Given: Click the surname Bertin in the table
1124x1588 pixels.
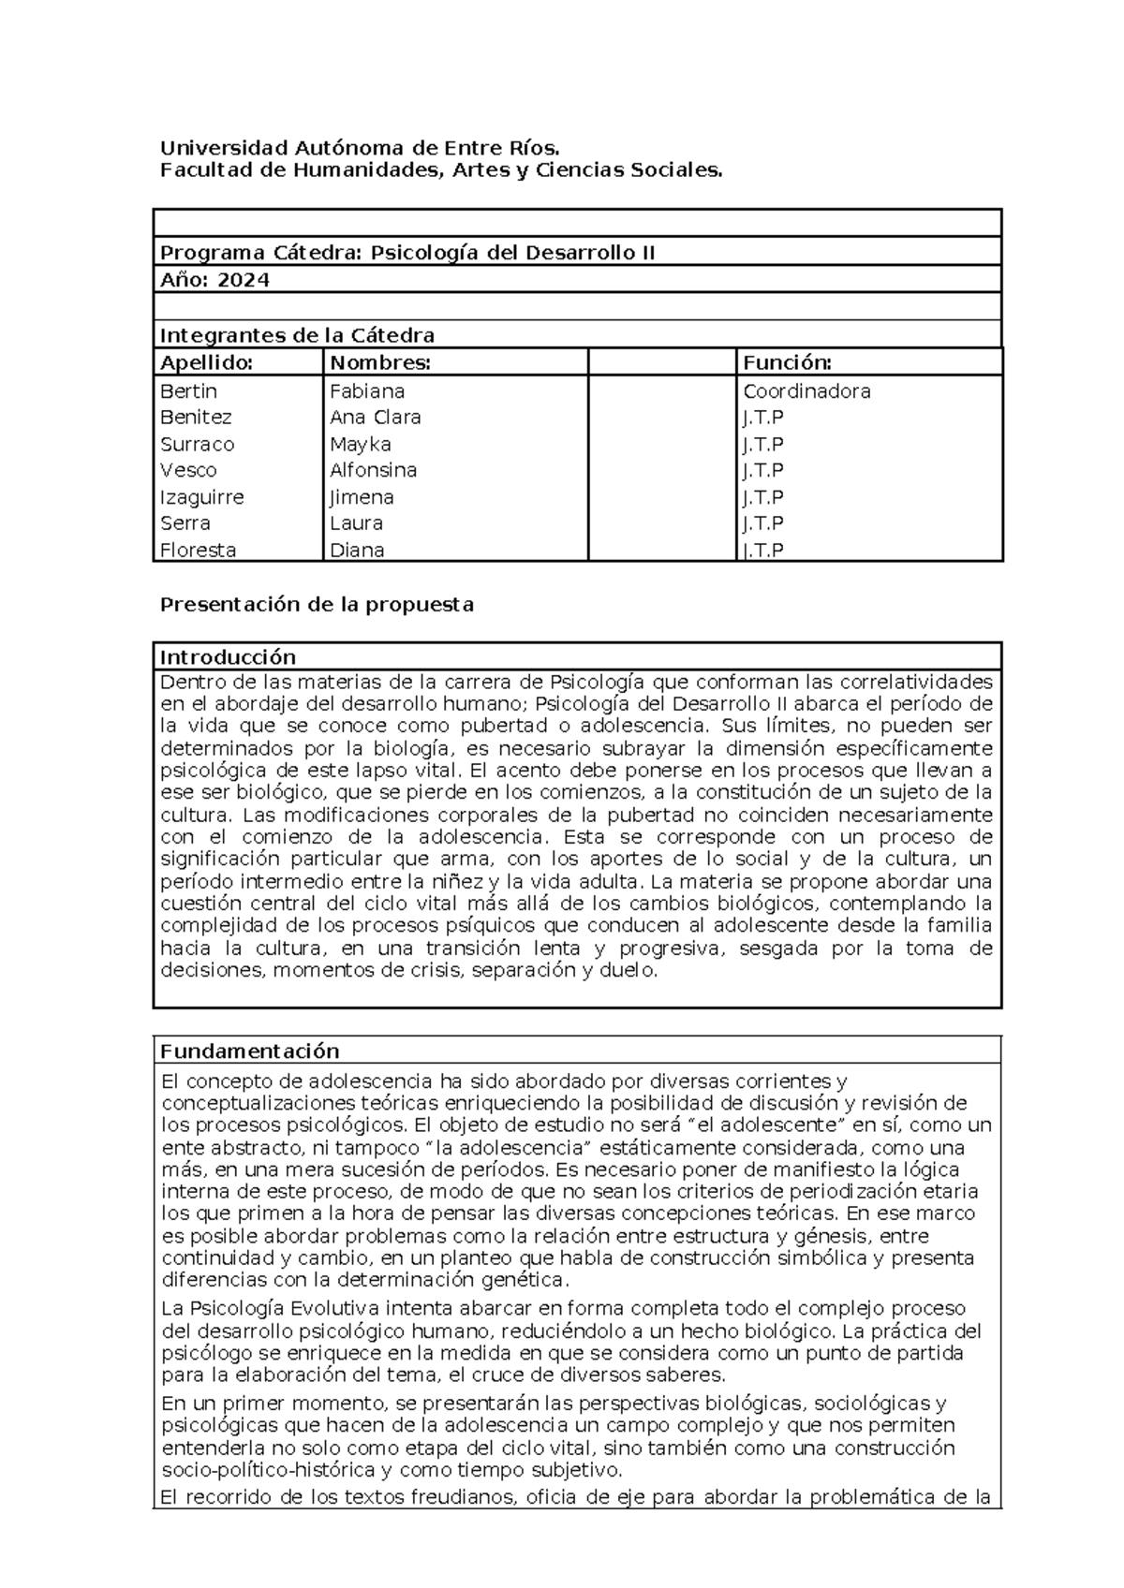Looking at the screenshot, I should (188, 391).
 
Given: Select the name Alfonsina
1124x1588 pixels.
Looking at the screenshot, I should (373, 470).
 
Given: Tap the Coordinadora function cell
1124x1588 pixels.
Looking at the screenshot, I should (806, 391).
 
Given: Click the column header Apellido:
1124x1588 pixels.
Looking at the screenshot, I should (206, 362).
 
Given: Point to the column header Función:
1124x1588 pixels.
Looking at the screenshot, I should (787, 362).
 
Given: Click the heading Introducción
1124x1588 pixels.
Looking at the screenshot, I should (228, 656).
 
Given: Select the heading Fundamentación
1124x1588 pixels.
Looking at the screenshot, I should (249, 1051).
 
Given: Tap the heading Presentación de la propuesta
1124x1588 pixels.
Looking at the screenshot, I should (317, 605).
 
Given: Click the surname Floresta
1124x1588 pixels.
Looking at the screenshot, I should (198, 550).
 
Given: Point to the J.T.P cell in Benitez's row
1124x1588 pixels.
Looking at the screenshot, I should (762, 418).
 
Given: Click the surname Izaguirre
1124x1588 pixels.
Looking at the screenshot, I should (201, 497).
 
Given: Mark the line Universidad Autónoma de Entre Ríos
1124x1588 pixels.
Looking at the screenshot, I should (360, 148).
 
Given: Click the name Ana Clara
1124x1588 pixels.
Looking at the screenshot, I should (375, 418).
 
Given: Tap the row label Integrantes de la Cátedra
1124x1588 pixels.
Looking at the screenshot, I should (297, 335).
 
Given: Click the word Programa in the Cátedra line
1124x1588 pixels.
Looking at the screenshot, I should (213, 253).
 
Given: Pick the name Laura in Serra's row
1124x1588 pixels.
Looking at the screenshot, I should (356, 523).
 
